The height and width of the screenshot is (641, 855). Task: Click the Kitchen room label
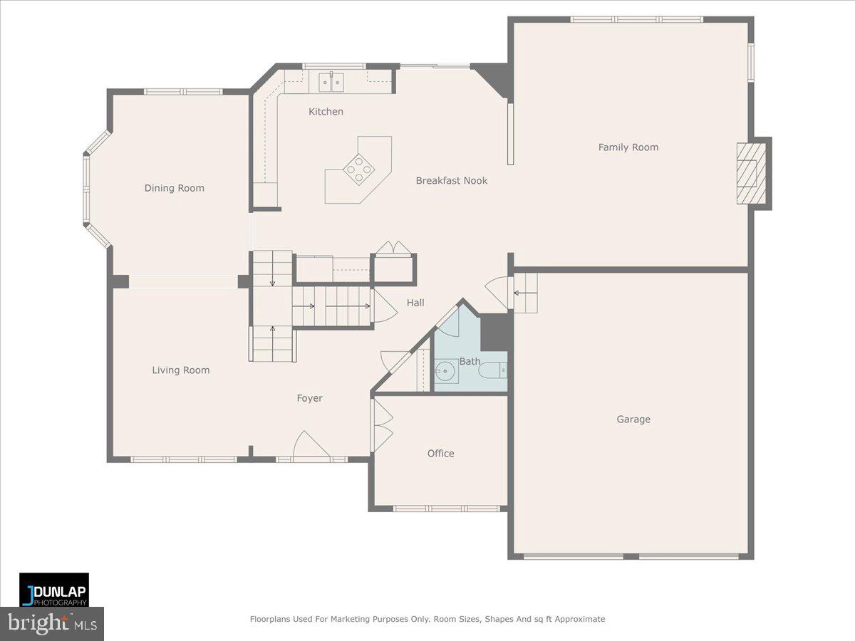[x=326, y=112]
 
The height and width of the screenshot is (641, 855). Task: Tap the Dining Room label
[x=174, y=188]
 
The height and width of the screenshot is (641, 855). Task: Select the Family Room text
[x=628, y=147]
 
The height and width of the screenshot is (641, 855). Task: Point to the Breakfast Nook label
[x=452, y=181]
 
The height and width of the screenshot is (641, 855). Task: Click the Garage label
[x=633, y=419]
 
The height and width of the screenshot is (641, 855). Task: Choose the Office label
[x=440, y=454]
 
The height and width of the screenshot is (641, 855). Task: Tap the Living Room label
[x=180, y=370]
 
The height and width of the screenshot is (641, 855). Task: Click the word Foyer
[x=309, y=399]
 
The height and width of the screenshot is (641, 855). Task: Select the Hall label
[x=415, y=303]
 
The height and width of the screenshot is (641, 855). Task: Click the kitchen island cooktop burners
[x=358, y=169]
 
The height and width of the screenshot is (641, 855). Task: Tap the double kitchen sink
[x=331, y=83]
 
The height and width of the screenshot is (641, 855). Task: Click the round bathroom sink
[x=446, y=371]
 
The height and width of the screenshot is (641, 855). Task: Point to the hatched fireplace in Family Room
[x=750, y=172]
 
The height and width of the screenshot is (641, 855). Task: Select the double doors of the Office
[x=381, y=424]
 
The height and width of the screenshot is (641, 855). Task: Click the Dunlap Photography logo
[x=54, y=590]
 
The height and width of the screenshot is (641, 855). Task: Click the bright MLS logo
[x=52, y=624]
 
